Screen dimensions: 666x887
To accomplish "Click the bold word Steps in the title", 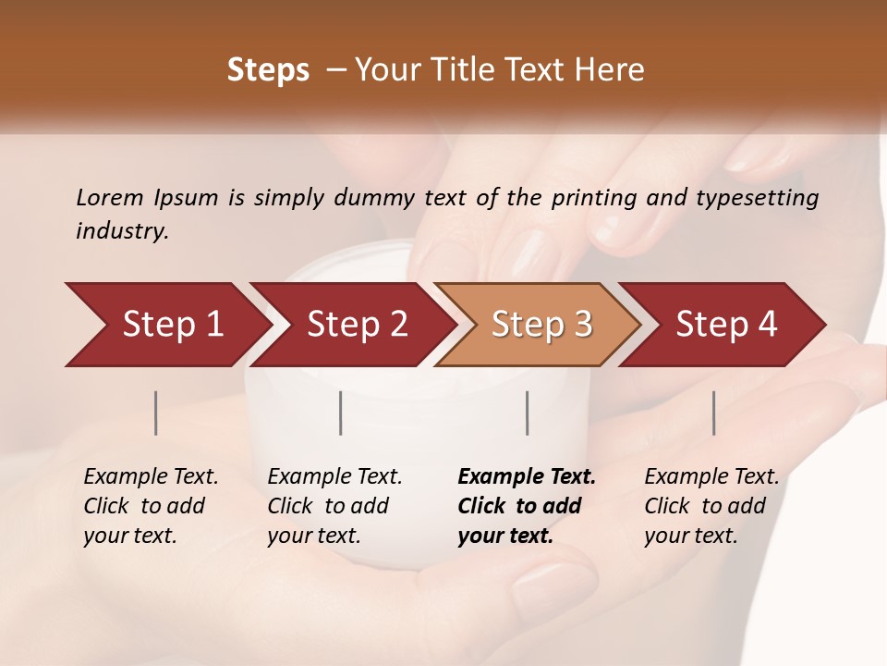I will coord(268,70).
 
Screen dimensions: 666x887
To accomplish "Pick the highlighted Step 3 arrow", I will coord(541,325).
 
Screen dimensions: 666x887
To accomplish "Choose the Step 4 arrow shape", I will coord(726,325).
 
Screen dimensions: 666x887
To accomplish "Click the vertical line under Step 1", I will coord(156,413).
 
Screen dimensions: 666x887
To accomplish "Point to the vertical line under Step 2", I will coord(341,413).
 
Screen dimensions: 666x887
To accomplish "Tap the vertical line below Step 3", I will coord(527,413).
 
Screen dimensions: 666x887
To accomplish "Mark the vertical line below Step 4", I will coord(713,413).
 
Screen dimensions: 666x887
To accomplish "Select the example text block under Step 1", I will coord(151,505).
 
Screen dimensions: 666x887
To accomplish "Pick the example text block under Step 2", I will coord(334,505).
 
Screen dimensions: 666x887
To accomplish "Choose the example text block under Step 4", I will coord(711,505).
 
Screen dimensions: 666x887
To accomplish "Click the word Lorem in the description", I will coord(110,197).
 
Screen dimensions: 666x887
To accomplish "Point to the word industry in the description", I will coord(122,230).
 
